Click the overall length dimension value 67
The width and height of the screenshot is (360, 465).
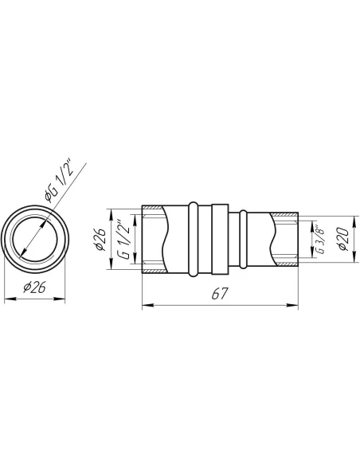tap(220, 294)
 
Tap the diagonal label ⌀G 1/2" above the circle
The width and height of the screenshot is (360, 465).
tap(58, 182)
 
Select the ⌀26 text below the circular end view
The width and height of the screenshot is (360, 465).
tap(34, 287)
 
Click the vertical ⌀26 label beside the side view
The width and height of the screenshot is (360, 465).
tap(100, 239)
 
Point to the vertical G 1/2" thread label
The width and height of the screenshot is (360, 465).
tap(124, 240)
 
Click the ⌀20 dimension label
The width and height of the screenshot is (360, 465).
tap(343, 239)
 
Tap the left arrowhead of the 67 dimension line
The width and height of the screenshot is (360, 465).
tap(148, 305)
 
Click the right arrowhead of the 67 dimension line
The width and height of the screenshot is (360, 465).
tap(292, 305)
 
